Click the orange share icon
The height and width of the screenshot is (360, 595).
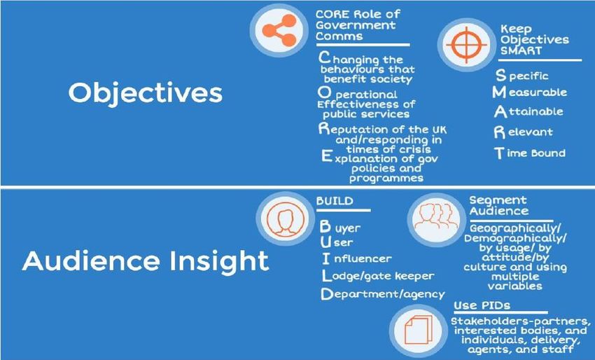[x=279, y=30]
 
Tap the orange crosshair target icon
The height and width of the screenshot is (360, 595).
[x=466, y=45]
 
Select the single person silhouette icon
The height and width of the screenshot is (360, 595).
[x=285, y=219]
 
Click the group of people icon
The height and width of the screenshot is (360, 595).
[x=436, y=216]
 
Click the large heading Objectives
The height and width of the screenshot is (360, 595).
[x=146, y=92]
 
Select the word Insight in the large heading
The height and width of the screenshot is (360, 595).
[x=219, y=261]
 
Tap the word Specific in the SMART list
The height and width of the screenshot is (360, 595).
[x=522, y=76]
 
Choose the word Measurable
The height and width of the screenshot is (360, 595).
[x=530, y=92]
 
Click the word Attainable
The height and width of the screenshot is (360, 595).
[x=528, y=111]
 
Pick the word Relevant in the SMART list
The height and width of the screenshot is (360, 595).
[x=524, y=132]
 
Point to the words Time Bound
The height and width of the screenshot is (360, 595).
[x=530, y=153]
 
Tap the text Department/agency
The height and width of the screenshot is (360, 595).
[x=382, y=294]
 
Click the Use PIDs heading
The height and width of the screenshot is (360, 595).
[x=482, y=305]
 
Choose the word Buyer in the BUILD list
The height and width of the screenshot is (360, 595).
[x=340, y=227]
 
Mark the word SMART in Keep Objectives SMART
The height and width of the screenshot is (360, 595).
[x=521, y=50]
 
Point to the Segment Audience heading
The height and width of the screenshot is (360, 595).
[x=498, y=205]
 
